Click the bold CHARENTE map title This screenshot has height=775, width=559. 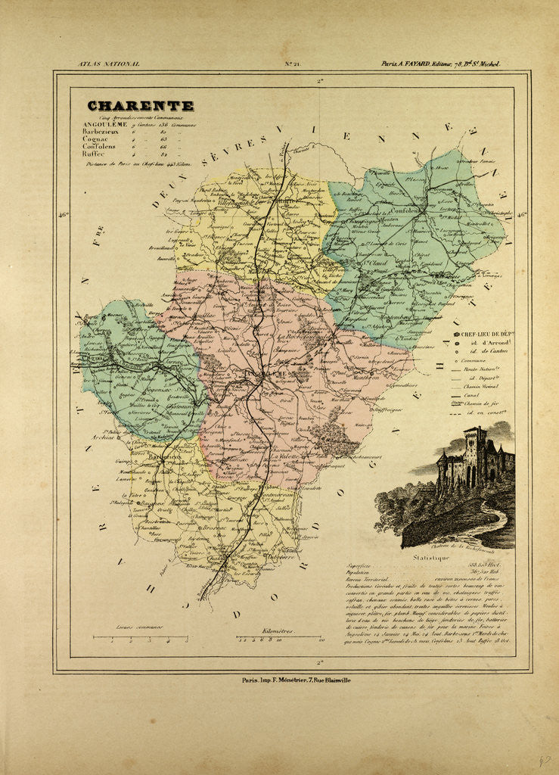(140, 106)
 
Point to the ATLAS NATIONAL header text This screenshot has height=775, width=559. (109, 64)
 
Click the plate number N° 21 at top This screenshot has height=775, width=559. (292, 64)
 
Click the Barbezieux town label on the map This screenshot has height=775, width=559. (154, 456)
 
